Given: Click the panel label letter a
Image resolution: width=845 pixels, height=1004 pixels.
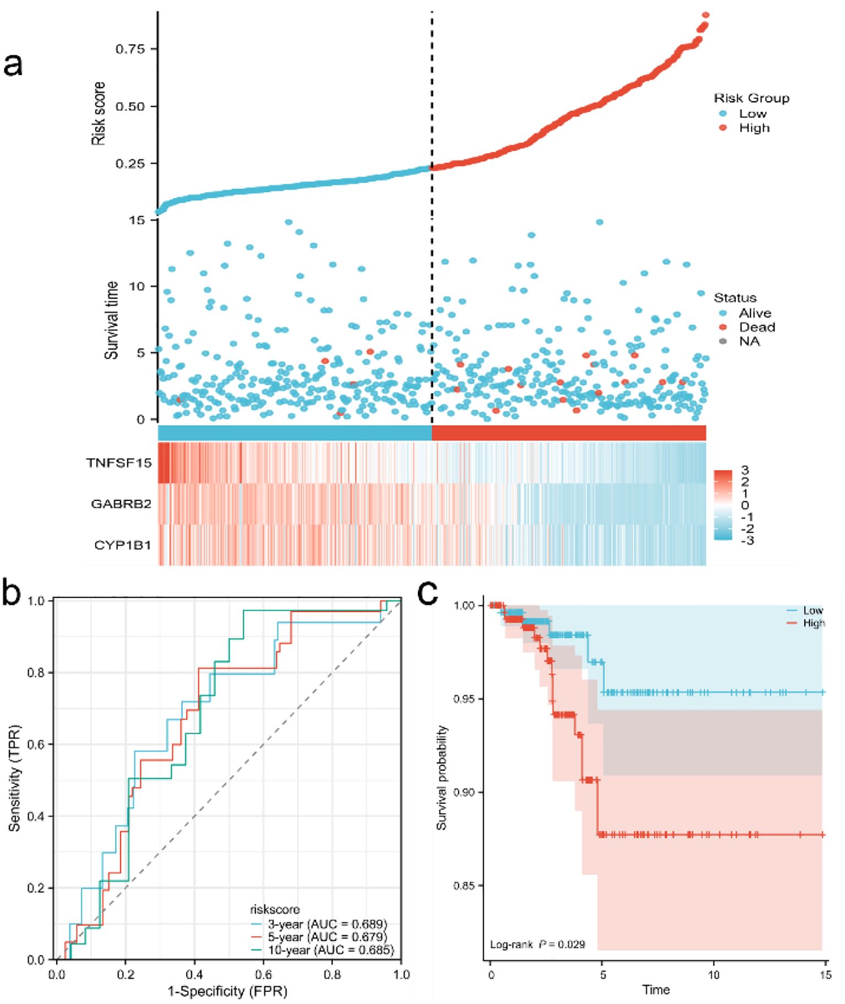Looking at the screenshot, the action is pyautogui.click(x=13, y=64).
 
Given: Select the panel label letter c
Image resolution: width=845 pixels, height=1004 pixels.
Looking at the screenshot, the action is pyautogui.click(x=428, y=593).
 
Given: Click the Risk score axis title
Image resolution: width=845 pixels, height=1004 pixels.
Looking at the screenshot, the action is pyautogui.click(x=98, y=113).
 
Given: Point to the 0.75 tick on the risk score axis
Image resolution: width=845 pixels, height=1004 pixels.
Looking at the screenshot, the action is pyautogui.click(x=130, y=49).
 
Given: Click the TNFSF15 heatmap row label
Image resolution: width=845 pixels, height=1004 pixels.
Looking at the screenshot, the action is pyautogui.click(x=118, y=462).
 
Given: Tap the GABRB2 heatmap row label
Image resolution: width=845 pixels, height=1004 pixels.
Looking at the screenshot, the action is pyautogui.click(x=121, y=504).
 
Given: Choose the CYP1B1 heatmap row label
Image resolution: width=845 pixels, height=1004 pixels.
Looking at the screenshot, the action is pyautogui.click(x=122, y=545).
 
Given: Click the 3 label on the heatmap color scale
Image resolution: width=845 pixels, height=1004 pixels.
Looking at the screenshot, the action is pyautogui.click(x=745, y=470).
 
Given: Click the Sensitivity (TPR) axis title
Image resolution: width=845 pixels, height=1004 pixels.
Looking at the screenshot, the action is pyautogui.click(x=14, y=778).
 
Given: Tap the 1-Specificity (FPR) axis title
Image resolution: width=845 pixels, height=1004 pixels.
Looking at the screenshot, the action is pyautogui.click(x=227, y=991).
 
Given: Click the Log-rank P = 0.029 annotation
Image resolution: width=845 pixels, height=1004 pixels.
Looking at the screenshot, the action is pyautogui.click(x=537, y=944).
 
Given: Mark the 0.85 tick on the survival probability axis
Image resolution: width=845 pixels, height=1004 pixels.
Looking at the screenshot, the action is pyautogui.click(x=464, y=886).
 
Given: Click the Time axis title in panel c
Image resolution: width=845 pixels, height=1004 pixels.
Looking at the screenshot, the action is pyautogui.click(x=656, y=989).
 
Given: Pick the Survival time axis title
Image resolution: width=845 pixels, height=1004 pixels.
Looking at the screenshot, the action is pyautogui.click(x=111, y=320).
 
